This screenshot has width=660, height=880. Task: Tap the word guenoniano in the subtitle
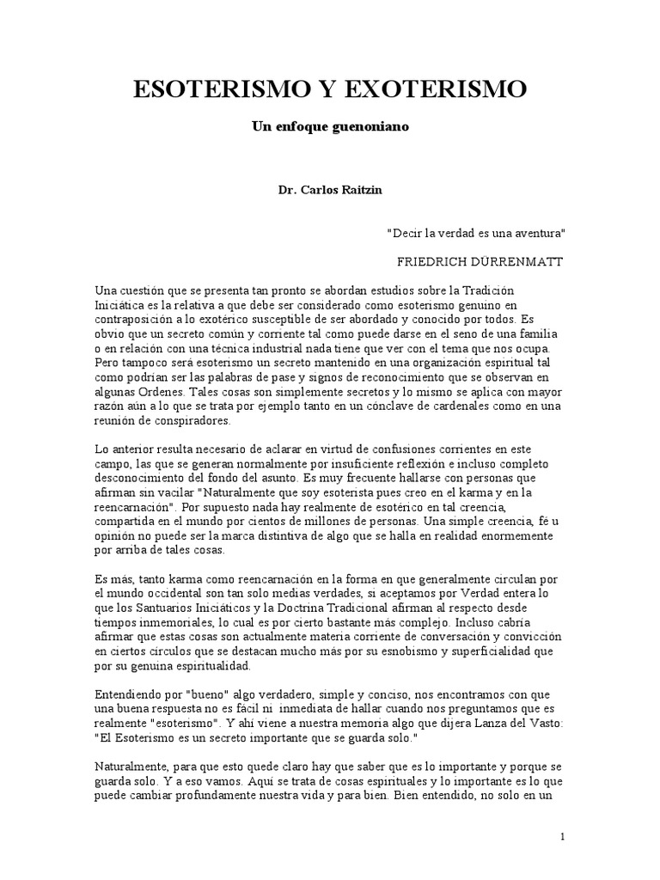point(371,126)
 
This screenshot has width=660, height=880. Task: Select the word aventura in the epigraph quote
point(536,233)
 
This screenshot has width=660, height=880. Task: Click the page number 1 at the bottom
point(562,836)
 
